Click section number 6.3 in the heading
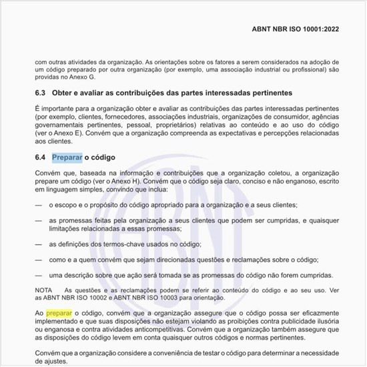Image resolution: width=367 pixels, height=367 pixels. point(41,92)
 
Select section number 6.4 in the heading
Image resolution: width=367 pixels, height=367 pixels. point(41,158)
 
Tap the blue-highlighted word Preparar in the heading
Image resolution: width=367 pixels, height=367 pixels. point(67,158)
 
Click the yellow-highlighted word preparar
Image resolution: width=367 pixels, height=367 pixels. point(59,312)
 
